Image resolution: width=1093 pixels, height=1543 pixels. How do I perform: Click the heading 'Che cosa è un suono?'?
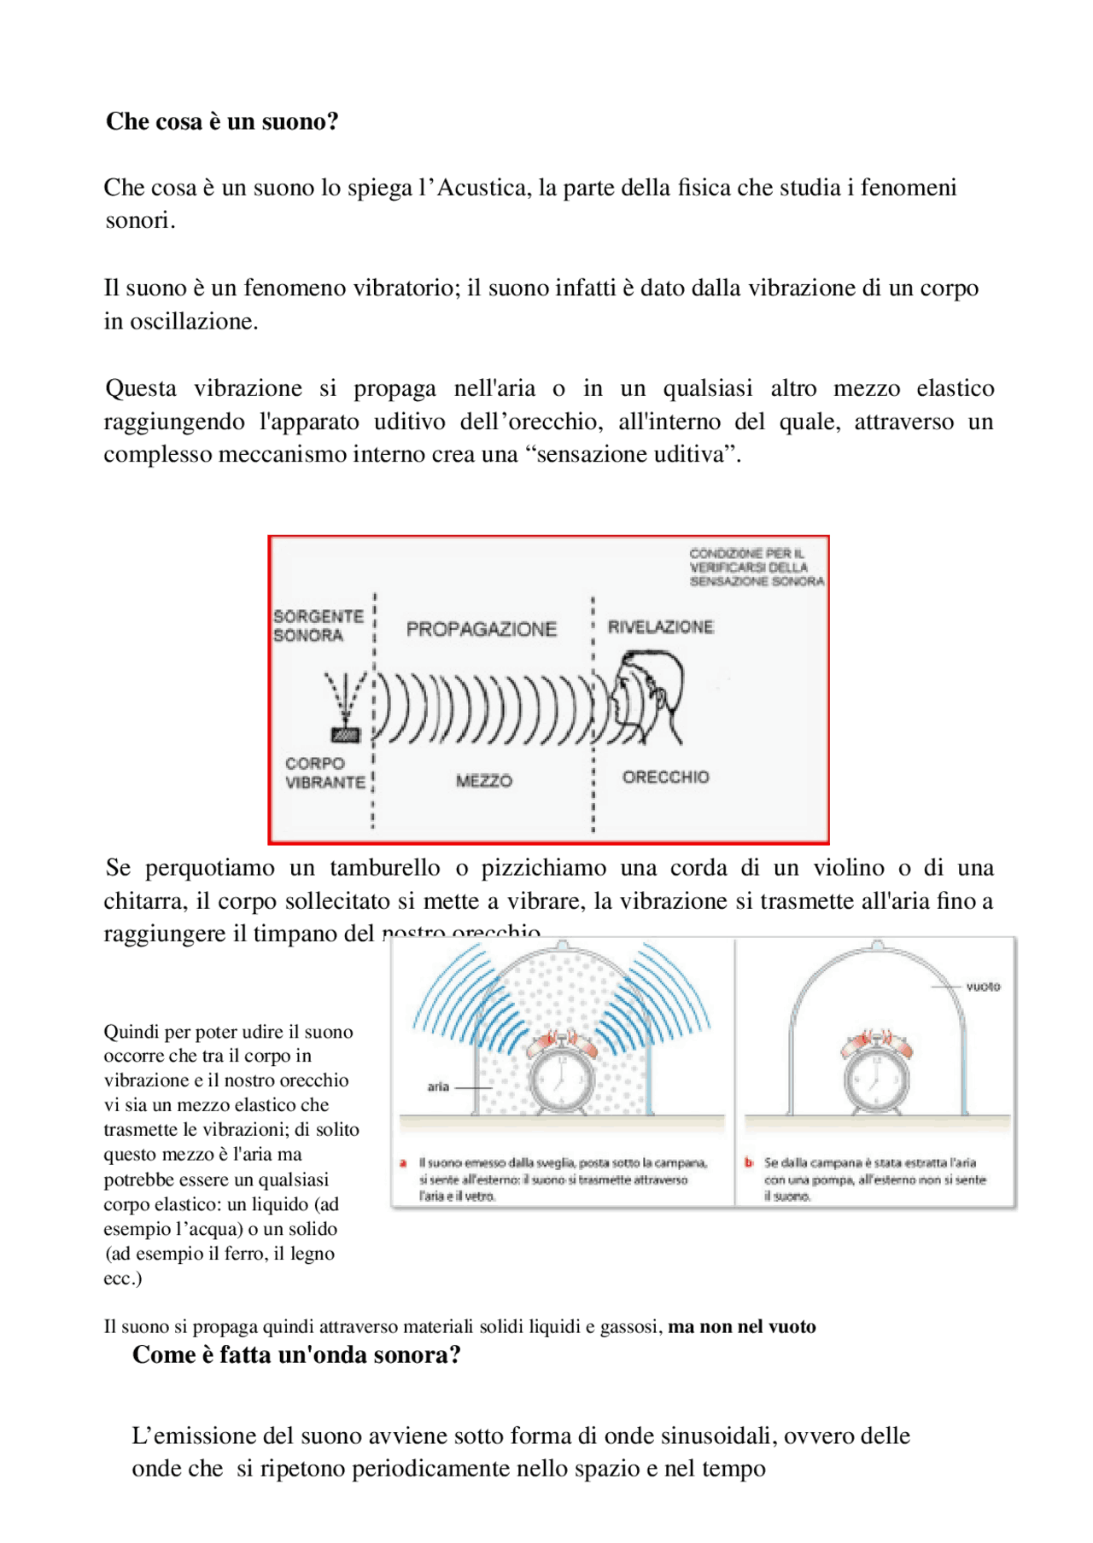coord(222,121)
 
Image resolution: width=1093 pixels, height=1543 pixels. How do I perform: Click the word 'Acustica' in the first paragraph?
coord(481,187)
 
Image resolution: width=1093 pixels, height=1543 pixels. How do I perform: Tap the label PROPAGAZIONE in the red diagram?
coord(481,629)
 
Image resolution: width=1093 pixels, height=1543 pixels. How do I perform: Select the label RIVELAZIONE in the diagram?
coord(660,626)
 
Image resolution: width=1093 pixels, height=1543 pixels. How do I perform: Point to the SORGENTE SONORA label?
coord(318,626)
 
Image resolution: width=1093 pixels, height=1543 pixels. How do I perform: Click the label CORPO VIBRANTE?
coord(324,772)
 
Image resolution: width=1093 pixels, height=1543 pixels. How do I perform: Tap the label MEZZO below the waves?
coord(483,781)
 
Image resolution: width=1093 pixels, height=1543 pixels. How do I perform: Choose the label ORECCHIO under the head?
coord(665,777)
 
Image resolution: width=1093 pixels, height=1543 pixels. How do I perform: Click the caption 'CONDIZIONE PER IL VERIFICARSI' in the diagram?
coord(756,567)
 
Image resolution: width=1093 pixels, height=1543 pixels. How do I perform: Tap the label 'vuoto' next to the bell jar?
coord(983,987)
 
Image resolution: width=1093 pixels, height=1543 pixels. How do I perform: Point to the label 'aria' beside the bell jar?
coord(438,1086)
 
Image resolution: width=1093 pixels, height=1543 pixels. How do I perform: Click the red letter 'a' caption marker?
coord(403,1162)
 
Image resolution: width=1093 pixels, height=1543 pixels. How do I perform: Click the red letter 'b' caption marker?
coord(749,1162)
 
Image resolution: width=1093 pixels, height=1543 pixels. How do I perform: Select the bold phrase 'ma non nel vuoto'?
coord(741,1326)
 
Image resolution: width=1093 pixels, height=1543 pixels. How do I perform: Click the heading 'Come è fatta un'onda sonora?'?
coord(296,1354)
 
